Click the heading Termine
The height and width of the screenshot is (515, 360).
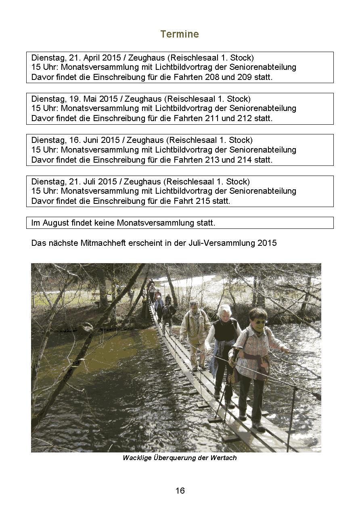click(180, 34)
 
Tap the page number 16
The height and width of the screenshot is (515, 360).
click(180, 491)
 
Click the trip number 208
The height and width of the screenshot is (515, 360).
click(212, 77)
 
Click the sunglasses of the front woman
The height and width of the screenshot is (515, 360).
click(260, 322)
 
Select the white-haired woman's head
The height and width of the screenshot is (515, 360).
click(225, 311)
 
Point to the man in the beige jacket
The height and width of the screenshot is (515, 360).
click(195, 327)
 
